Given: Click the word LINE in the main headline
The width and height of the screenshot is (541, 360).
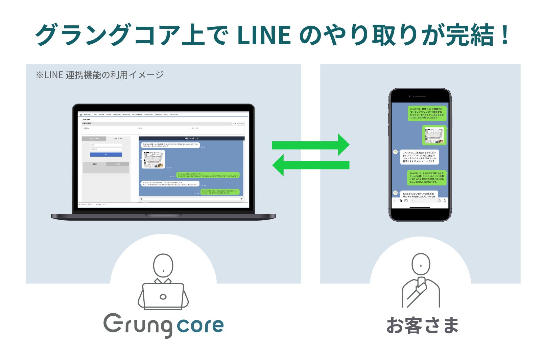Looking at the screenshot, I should tap(264, 35).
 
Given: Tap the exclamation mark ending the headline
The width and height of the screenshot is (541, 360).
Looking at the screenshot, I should tap(505, 35).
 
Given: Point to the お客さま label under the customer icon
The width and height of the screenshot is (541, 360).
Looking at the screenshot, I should tap(422, 325).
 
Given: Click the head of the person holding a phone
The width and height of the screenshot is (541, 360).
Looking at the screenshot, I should tap(421, 264).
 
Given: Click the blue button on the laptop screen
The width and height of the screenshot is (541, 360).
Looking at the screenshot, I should tap(106, 154).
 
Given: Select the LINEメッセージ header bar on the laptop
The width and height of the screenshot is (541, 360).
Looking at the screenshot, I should tap(191, 138).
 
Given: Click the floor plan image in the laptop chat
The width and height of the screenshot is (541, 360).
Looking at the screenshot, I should tap(153, 159).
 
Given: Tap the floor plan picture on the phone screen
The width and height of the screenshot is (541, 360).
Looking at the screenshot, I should tap(434, 135).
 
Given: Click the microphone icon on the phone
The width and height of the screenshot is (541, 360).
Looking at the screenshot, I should tap(445, 201).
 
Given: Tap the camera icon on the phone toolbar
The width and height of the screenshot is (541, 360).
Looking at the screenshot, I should tap(400, 201).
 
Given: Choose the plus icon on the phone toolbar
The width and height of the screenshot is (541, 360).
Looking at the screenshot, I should tap(394, 201).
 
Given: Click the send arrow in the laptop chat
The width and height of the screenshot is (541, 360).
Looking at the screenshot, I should tap(241, 199).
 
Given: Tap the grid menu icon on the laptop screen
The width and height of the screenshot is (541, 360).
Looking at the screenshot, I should tap(81, 115).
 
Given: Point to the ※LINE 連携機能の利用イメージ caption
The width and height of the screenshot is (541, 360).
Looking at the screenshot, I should tap(99, 75).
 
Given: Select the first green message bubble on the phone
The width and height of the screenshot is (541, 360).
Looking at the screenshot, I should tap(427, 113).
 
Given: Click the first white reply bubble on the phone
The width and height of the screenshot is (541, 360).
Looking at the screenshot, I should tap(419, 157).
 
